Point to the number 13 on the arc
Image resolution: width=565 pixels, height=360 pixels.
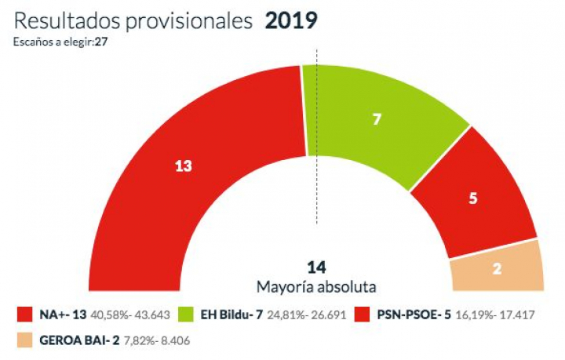[x=183, y=166]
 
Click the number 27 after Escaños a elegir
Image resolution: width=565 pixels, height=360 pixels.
[x=100, y=42]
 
